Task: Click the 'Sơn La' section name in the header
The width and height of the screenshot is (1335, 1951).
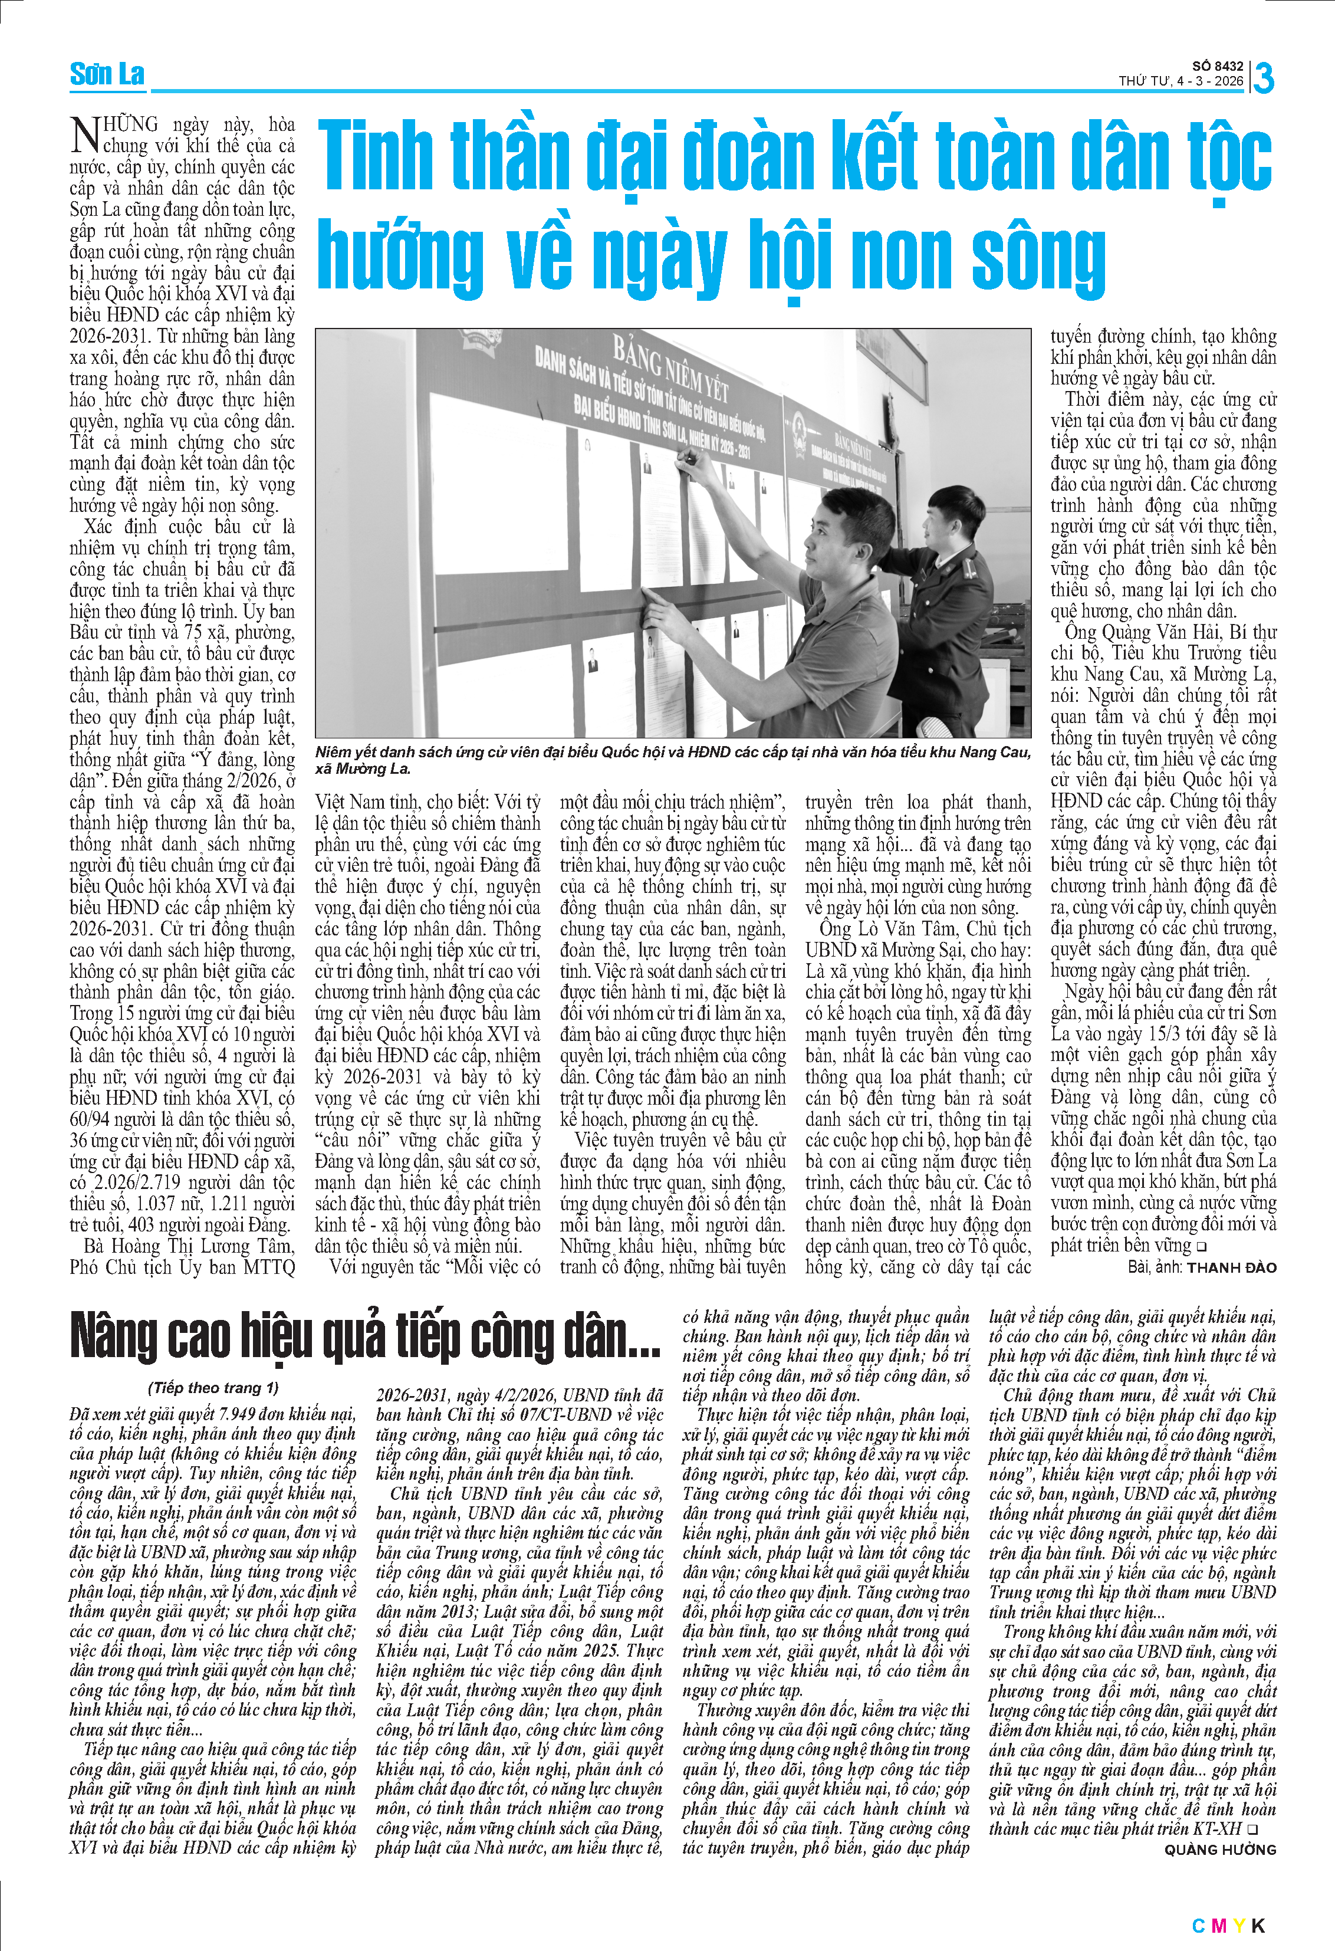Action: coord(107,75)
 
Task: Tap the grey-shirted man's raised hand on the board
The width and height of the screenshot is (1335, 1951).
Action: coord(687,458)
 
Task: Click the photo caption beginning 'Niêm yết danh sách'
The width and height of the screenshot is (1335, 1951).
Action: coord(671,760)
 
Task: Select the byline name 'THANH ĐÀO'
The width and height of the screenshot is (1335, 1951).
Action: coord(1231,1267)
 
